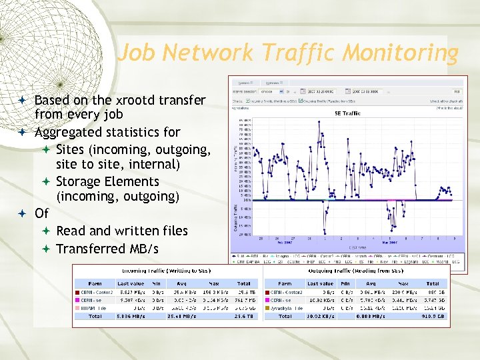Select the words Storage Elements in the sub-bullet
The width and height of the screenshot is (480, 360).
click(107, 181)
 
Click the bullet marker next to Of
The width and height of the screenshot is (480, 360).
click(23, 214)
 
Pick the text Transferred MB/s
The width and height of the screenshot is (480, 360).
click(107, 249)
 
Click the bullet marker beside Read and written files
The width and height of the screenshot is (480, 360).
click(46, 231)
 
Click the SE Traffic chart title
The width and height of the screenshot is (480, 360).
click(347, 113)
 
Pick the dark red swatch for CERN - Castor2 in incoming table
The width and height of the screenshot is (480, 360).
click(78, 292)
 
